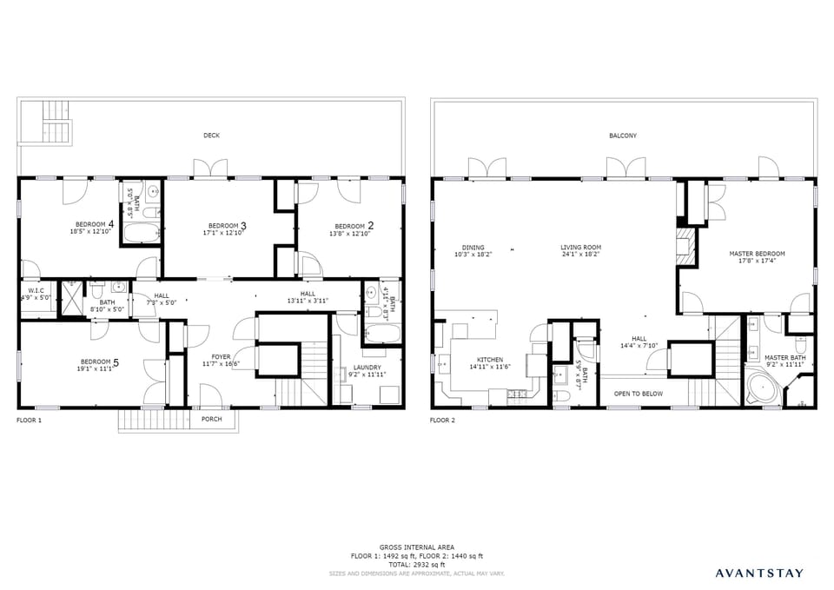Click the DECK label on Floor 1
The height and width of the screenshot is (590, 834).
point(211,136)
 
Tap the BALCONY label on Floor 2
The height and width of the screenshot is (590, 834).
point(622,136)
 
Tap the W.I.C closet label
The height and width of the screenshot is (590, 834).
point(36,290)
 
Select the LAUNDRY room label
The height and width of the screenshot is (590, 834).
point(367,368)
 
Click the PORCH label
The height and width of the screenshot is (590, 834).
point(211,419)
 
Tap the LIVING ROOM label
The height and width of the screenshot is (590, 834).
point(580,248)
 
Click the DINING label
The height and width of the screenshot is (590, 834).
point(473,248)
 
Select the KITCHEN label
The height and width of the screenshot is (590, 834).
point(489,360)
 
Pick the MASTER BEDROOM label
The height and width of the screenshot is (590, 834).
point(757,254)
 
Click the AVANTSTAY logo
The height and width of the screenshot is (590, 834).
point(759,573)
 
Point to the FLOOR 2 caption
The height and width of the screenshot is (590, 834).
point(443,420)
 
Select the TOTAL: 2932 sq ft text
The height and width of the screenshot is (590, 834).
point(416,564)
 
